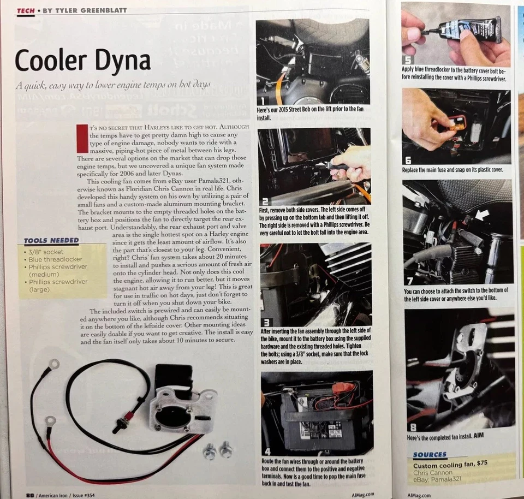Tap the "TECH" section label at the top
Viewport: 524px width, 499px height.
26,10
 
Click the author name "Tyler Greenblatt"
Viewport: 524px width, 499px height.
84,10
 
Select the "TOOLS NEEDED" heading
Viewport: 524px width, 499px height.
51,240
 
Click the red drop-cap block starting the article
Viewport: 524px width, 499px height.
82,139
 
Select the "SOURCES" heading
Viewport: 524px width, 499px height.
430,454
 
